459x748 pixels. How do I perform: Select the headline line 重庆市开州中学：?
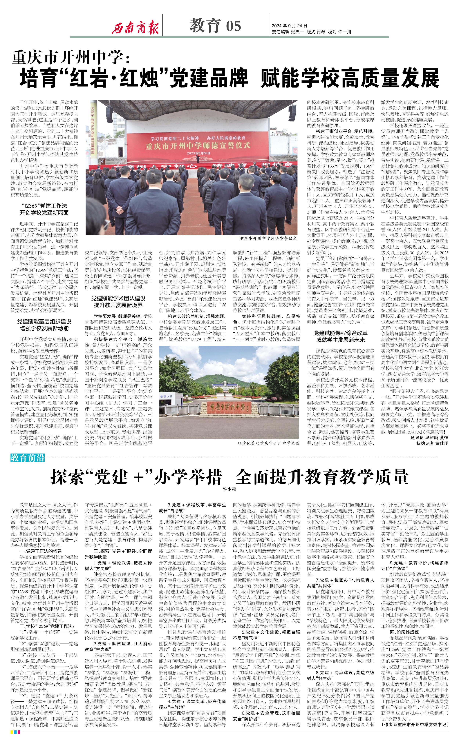pyautogui.click(x=71, y=57)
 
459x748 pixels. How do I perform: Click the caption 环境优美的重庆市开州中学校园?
pyautogui.click(x=269, y=443)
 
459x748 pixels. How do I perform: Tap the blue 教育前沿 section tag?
pyautogui.click(x=28, y=458)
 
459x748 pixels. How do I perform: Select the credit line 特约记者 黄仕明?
pyautogui.click(x=432, y=443)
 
